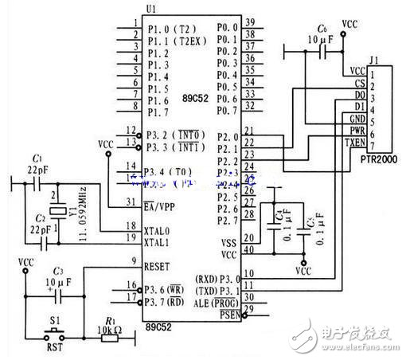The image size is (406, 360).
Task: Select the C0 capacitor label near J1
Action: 322,29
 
